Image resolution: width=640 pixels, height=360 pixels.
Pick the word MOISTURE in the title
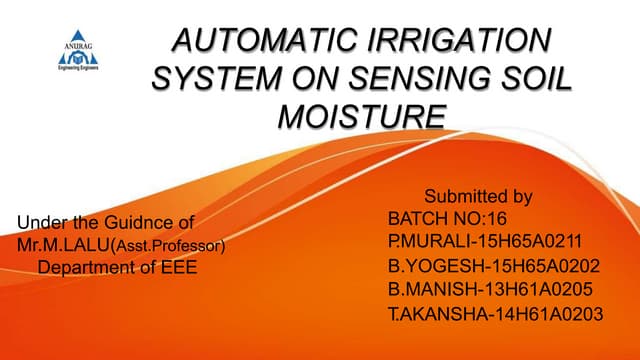tap(361, 116)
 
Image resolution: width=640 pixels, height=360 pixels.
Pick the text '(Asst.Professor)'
tap(172, 245)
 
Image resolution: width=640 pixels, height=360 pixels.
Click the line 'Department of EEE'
tap(117, 267)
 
